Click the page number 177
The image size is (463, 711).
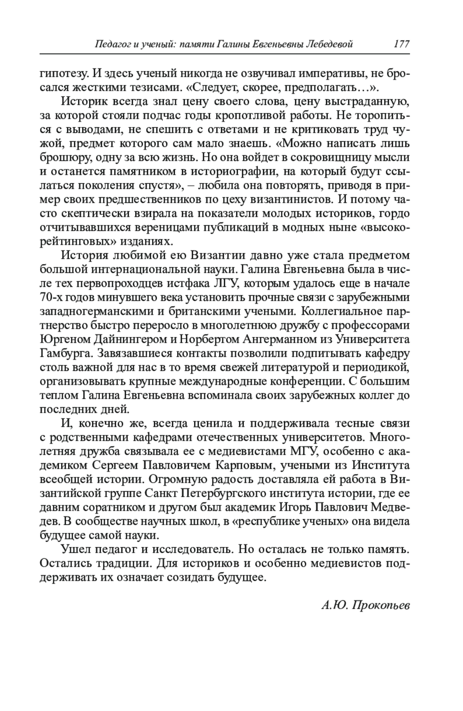point(401,44)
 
